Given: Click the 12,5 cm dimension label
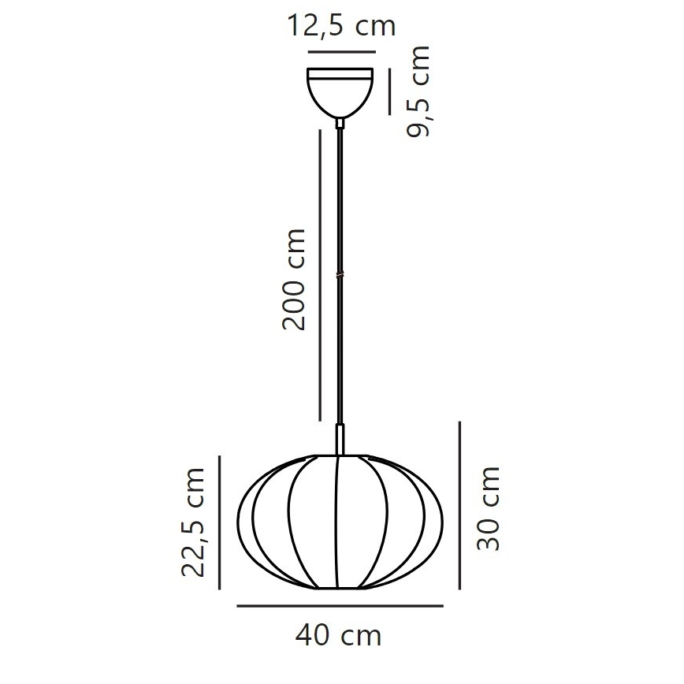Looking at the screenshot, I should tap(341, 27).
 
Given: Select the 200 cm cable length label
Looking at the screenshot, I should tap(293, 280).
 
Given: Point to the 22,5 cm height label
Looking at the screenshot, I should tap(193, 522).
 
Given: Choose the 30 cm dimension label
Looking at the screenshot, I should tap(489, 508).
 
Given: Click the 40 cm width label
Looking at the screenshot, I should tap(339, 634).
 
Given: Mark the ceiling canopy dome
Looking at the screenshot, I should tap(340, 92).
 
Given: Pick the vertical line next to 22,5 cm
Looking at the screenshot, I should tap(221, 523).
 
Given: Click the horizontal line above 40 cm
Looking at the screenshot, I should tap(340, 606).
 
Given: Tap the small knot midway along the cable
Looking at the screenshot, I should tap(340, 274).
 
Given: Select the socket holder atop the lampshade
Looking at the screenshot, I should tap(340, 439).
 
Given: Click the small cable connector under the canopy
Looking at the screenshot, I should tap(340, 122).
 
